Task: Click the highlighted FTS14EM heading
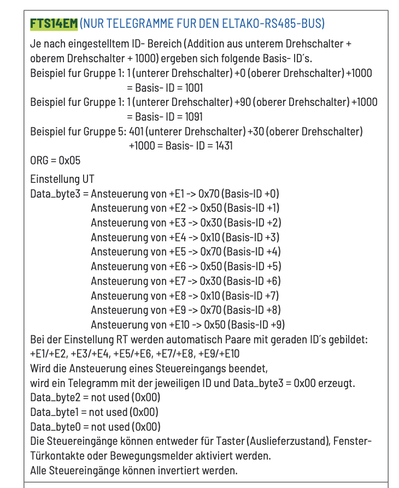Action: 54,23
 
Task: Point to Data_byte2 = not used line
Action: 95,397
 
